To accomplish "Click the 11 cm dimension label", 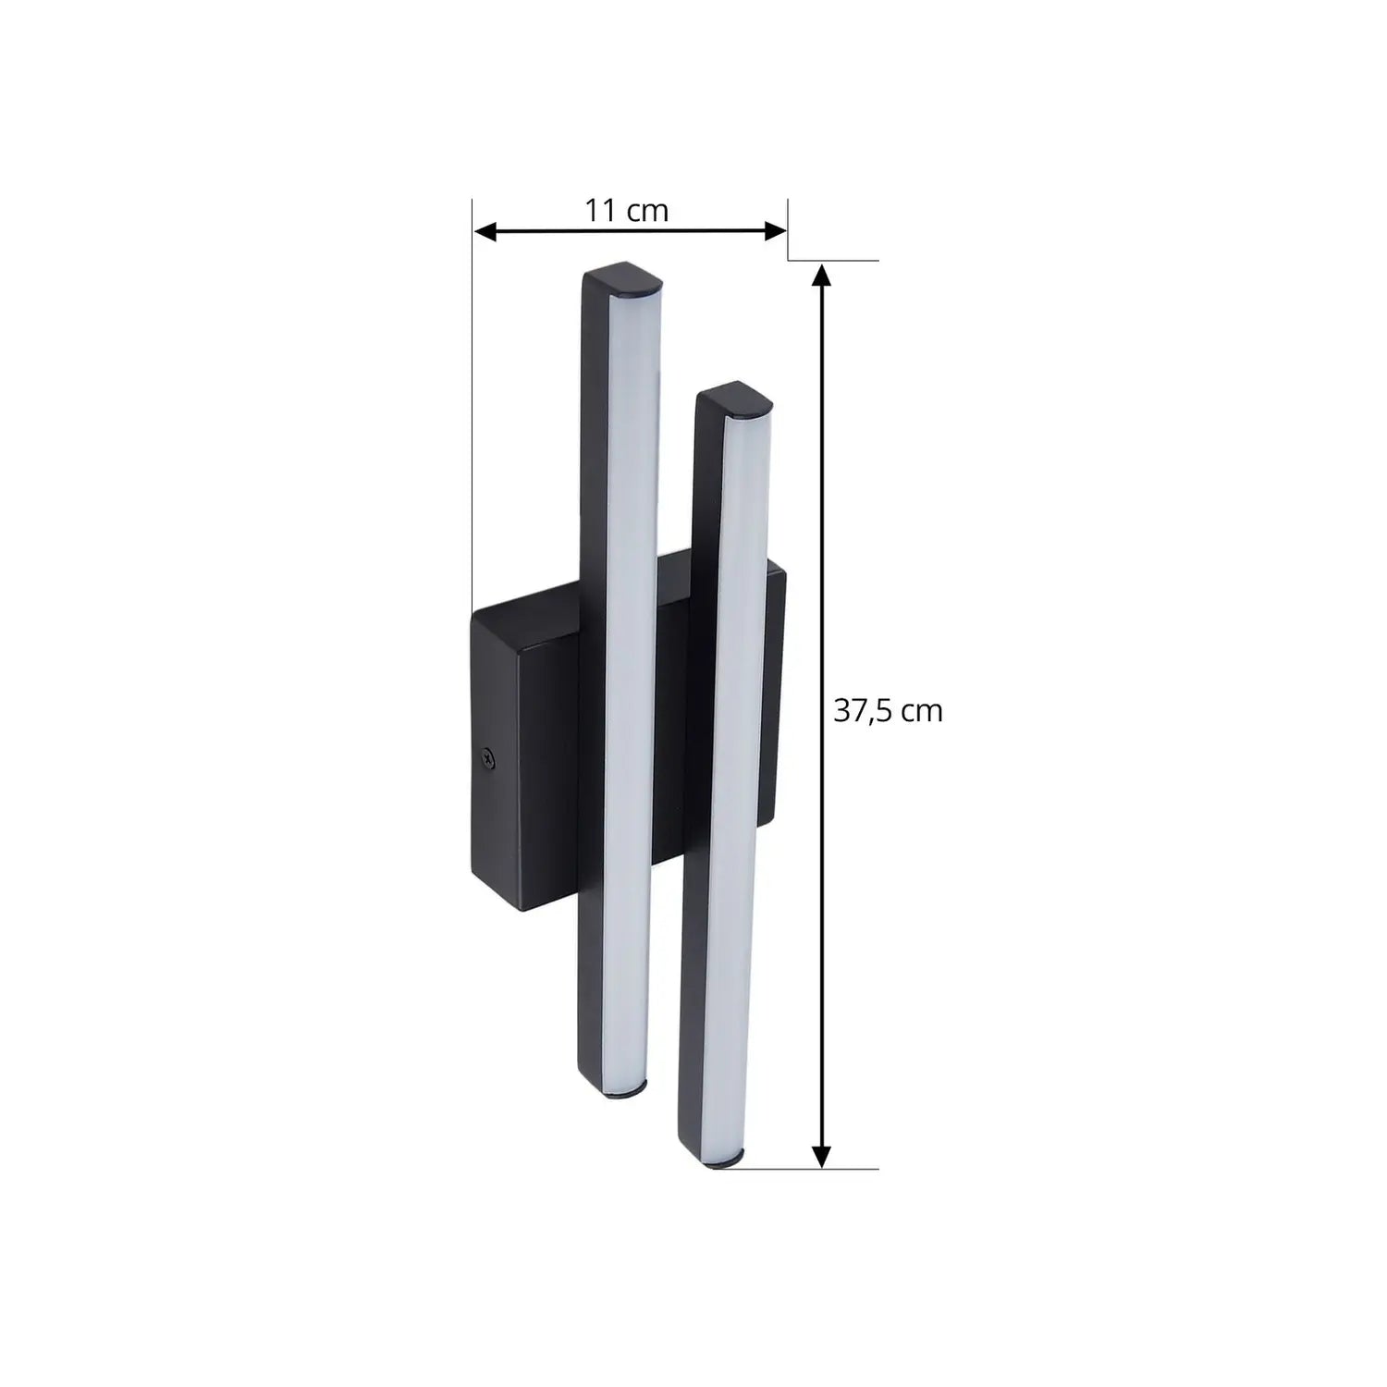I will (626, 211).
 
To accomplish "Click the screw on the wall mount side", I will (489, 758).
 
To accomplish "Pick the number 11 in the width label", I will (601, 211).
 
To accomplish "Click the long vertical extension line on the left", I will (473, 416).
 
